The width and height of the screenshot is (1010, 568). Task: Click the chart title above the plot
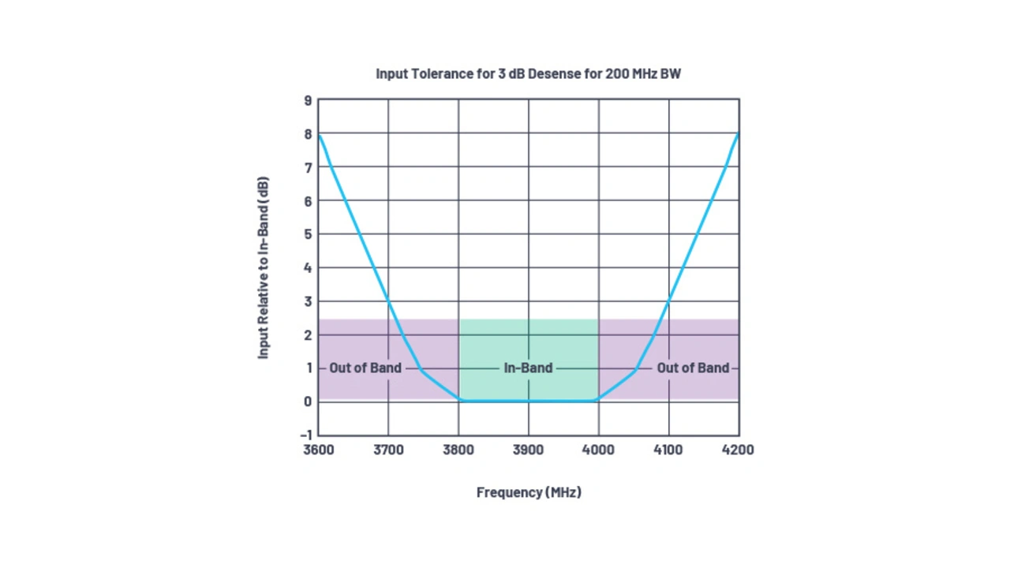pos(528,74)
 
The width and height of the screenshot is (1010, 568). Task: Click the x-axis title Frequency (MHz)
pos(529,492)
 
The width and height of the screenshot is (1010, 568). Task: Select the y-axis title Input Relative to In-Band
pos(264,267)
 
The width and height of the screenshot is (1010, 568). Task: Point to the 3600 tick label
pos(318,450)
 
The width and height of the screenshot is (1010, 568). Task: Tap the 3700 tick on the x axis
pos(388,450)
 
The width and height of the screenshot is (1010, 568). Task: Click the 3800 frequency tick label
pos(458,450)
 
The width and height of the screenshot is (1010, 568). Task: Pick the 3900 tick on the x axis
pos(529,450)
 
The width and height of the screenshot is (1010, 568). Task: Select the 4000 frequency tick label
pos(598,450)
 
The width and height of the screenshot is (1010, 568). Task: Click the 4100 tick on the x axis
pos(668,450)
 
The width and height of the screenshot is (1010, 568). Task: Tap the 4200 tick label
pos(738,450)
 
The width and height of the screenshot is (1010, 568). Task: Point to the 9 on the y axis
pos(308,101)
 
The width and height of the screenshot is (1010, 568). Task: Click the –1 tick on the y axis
pos(306,435)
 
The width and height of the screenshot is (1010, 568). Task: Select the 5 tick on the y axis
pos(308,234)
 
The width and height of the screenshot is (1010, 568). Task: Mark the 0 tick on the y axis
pos(308,402)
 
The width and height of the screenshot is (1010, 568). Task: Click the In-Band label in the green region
pos(528,368)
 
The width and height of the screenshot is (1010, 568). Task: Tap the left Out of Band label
pos(365,368)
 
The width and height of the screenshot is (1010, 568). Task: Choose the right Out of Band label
pos(693,368)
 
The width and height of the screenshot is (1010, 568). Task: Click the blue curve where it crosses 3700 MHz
pos(388,301)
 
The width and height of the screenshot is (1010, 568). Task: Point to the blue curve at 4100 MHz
pos(669,301)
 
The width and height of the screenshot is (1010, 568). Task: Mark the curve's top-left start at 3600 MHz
pos(319,135)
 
